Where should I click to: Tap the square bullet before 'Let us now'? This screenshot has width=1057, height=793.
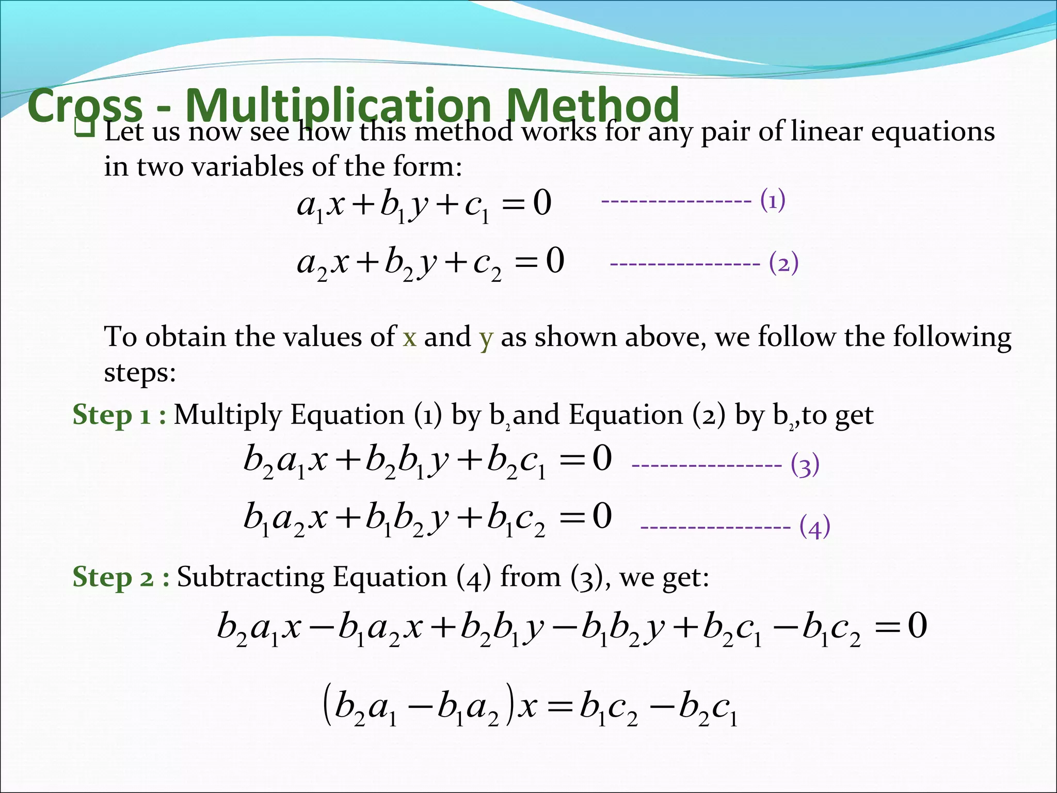pos(84,127)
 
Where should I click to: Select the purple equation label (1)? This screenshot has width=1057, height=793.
pos(773,200)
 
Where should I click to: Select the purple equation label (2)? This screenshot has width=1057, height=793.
pos(783,263)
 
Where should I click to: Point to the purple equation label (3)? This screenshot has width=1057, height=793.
pos(805,465)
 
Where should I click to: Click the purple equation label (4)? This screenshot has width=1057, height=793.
pos(814,527)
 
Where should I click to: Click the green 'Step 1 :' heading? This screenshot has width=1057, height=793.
pos(119,415)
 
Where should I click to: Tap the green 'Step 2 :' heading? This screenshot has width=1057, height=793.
pos(121,577)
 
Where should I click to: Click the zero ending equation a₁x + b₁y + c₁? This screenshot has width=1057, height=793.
pos(542,203)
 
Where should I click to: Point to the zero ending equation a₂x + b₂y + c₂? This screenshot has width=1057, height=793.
pos(555,261)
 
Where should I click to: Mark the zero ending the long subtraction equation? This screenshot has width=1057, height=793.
pos(917,626)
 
